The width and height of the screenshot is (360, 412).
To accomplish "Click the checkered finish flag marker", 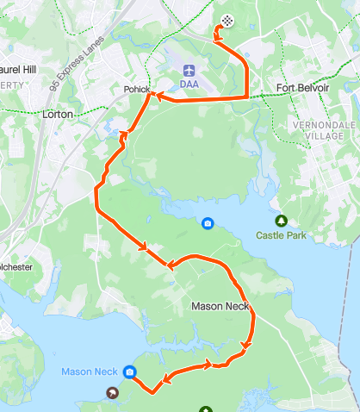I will click(x=227, y=20).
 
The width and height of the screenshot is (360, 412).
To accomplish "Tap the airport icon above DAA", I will click(x=189, y=68).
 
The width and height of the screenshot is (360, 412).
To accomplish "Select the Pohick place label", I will click(x=136, y=90).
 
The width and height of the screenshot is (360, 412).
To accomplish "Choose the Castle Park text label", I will click(x=276, y=234).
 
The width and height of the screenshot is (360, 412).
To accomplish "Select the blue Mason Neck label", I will click(x=89, y=371).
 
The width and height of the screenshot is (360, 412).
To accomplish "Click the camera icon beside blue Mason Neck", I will click(x=129, y=372).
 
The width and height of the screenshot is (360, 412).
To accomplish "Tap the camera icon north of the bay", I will click(x=208, y=224).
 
